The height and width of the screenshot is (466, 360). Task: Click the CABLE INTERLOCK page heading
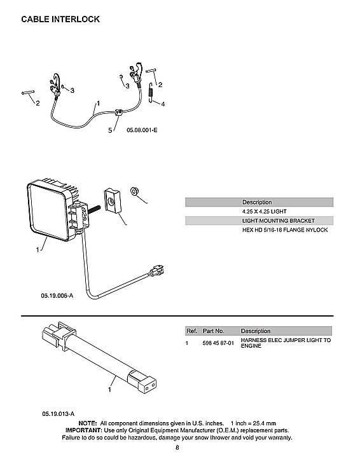click(x=60, y=19)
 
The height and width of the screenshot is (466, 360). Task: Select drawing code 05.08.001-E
click(x=142, y=130)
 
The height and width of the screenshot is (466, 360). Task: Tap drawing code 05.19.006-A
click(x=58, y=296)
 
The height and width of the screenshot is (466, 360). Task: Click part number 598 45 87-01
click(x=218, y=343)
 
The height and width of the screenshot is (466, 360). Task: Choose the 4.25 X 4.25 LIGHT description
click(x=265, y=211)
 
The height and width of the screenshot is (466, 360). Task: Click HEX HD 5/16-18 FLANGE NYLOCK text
click(x=284, y=230)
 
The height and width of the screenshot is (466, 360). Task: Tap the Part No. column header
click(x=213, y=331)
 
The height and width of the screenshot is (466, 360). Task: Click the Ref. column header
click(x=191, y=331)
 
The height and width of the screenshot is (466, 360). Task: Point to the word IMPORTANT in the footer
click(x=84, y=430)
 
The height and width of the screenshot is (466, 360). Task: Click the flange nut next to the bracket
click(x=134, y=190)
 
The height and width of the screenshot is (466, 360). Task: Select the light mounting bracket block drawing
click(x=113, y=202)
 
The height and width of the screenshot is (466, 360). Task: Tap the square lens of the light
click(x=46, y=210)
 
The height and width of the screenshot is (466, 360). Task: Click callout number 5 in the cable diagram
click(x=110, y=130)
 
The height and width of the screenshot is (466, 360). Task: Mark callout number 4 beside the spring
click(x=163, y=104)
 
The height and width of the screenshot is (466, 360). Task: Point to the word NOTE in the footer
click(x=87, y=423)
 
